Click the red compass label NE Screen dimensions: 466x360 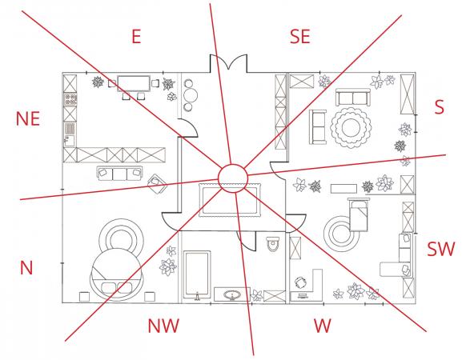(x=28, y=119)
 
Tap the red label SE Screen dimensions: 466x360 (x=300, y=37)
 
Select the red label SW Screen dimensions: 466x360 (x=441, y=250)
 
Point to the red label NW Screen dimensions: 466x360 (x=164, y=326)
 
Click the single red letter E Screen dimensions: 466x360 (x=136, y=37)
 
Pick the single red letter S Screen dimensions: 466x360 (x=440, y=107)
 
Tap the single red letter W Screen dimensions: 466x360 (x=323, y=326)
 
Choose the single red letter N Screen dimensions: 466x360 (x=26, y=268)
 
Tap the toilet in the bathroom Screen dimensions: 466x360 (x=273, y=243)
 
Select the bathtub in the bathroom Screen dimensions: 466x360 (x=197, y=274)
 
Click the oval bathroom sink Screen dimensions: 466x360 (x=232, y=295)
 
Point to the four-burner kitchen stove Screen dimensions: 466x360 (x=70, y=99)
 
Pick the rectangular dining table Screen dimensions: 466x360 (x=134, y=83)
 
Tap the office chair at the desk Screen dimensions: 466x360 (x=301, y=282)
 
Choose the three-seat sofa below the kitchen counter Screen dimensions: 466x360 (x=119, y=174)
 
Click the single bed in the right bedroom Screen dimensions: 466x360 (x=358, y=214)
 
